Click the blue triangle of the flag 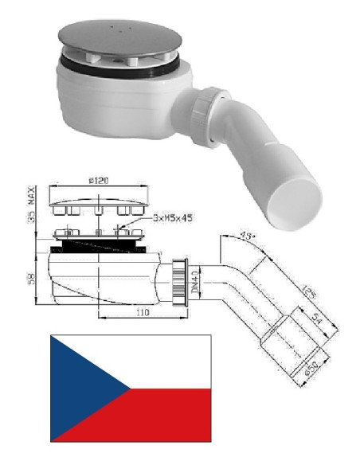point(80,388)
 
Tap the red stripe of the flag point(159,416)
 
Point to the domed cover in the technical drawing point(98,197)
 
